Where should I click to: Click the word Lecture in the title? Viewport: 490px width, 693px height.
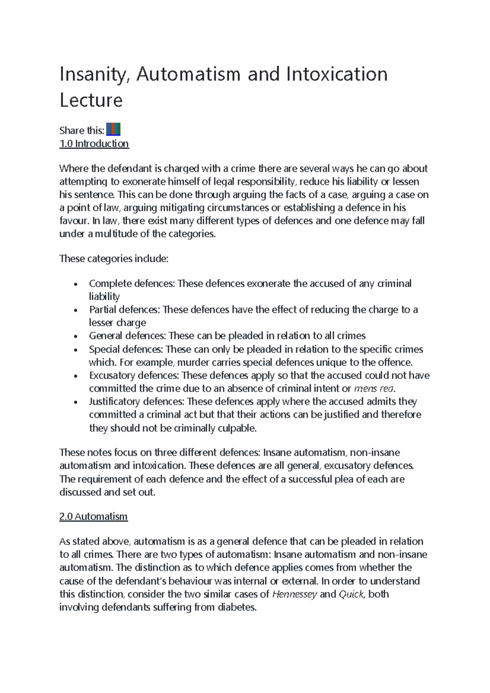[x=91, y=100]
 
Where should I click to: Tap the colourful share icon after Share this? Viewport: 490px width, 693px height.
[x=113, y=130]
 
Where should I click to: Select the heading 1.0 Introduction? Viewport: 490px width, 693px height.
[x=94, y=144]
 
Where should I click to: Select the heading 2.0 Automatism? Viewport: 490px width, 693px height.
[x=94, y=517]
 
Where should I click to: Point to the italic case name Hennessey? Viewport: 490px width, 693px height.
[x=294, y=594]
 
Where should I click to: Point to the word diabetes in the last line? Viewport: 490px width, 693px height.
[x=238, y=607]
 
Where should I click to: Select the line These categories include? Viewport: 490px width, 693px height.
[x=114, y=259]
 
